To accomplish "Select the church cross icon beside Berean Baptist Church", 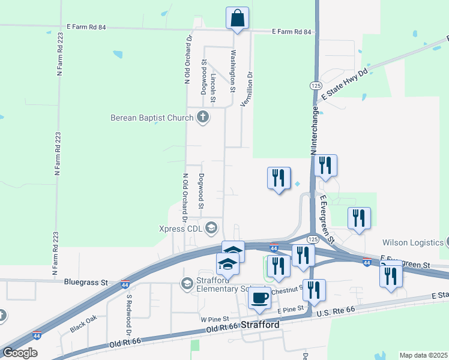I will (203, 117).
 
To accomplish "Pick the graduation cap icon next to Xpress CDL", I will (211, 227).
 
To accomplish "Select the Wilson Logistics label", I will (412, 243).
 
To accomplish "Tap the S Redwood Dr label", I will (128, 314).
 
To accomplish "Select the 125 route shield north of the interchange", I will (315, 86).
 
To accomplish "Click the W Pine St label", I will (215, 319).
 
